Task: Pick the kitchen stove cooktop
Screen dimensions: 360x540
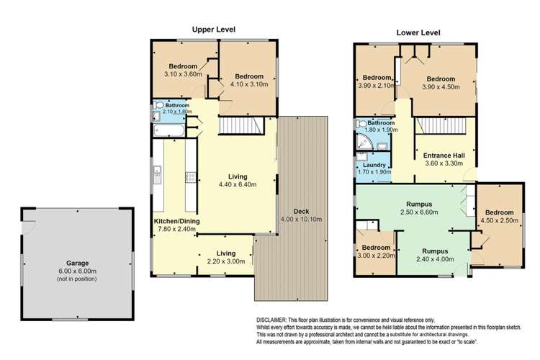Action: pos(191,176)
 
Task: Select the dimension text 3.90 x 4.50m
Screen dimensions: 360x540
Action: pos(440,88)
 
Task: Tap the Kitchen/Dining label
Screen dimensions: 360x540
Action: pos(176,220)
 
